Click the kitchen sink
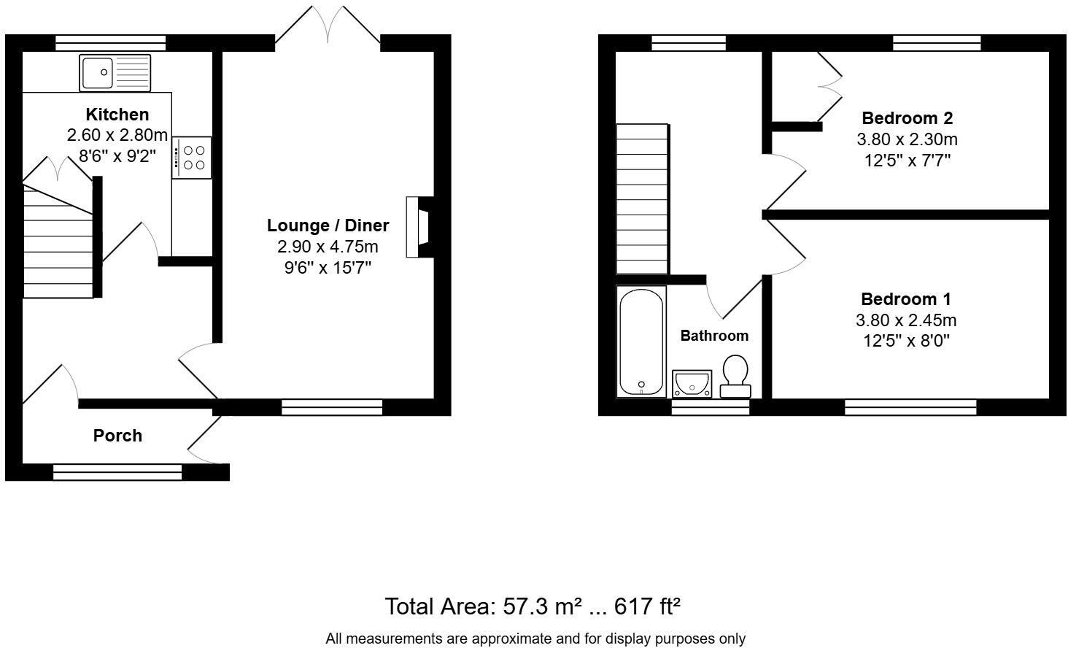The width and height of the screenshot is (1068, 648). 115,72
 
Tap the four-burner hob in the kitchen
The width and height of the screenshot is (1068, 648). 193,158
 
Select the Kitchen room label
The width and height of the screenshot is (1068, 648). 117,115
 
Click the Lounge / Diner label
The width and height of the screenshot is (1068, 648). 328,225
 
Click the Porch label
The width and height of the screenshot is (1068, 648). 117,436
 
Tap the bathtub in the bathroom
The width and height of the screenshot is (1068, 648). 641,341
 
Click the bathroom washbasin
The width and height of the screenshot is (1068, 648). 692,383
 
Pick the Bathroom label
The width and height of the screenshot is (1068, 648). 714,336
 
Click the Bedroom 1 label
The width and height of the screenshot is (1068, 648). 905,299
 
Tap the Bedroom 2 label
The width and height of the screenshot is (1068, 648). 907,118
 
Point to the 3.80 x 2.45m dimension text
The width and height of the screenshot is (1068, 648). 905,320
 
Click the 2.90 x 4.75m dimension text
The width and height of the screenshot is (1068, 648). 328,247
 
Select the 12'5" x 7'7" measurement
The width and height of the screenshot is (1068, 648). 907,160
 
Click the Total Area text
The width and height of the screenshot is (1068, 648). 533,606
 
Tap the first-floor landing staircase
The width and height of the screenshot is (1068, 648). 642,198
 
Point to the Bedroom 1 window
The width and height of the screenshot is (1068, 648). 910,407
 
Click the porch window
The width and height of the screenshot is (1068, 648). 117,473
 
